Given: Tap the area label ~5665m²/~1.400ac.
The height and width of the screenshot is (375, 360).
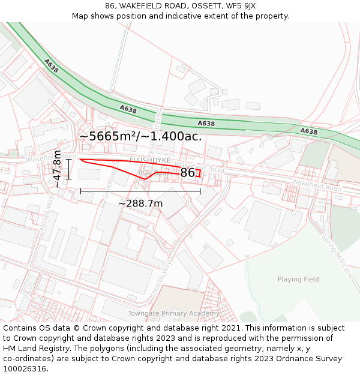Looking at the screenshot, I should (140, 136).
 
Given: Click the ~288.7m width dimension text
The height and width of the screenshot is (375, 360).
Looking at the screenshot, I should (140, 203).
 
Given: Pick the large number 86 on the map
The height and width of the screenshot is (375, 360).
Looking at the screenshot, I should (188, 173).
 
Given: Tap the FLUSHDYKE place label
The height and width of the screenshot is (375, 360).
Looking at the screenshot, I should (150, 160).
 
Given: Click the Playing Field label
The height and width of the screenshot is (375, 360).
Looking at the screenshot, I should (298, 279).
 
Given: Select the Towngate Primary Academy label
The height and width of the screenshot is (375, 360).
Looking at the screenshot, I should (173, 313).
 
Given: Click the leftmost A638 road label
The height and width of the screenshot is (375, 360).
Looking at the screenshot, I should (51, 66).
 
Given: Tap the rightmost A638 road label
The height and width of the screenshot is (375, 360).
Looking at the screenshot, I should (308, 131).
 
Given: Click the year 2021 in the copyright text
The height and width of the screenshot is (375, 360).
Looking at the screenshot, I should (230, 328).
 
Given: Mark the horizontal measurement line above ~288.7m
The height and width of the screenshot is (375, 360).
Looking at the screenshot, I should (140, 191).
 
